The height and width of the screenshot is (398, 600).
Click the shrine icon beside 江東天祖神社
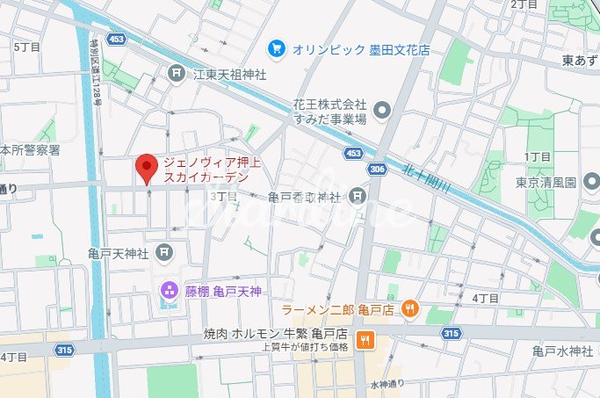coord(178,74)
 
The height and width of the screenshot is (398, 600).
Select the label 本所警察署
coord(30,150)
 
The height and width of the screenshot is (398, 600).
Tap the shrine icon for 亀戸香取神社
coord(357,195)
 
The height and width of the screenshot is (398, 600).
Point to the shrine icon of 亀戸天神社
coord(163,253)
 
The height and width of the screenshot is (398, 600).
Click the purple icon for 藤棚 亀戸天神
coord(168,290)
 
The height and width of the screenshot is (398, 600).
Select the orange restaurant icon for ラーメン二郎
coord(408,308)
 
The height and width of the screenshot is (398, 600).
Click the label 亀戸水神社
coord(562,351)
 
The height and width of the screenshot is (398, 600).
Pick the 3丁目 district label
coord(224,196)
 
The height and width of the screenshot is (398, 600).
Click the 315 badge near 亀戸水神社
coord(452,333)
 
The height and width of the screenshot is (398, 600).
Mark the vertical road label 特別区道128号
coord(96,83)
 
